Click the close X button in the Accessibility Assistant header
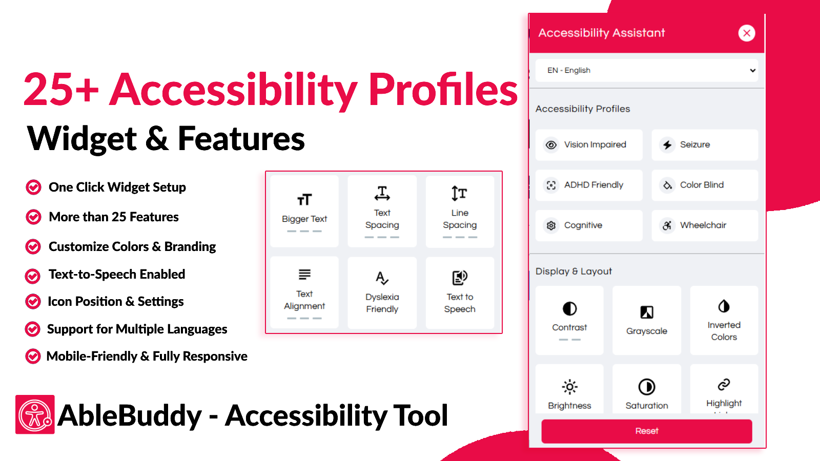[746, 33]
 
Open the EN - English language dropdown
[646, 70]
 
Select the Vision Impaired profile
[589, 145]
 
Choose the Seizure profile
[705, 145]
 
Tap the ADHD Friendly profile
[589, 185]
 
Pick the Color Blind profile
[705, 185]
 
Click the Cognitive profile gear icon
[551, 225]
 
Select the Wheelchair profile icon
[667, 225]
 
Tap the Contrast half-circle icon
[569, 308]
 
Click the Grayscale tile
[646, 321]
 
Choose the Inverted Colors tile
[724, 321]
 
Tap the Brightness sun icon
[569, 387]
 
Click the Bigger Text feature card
[304, 211]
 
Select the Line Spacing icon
[459, 193]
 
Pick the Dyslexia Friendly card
[382, 292]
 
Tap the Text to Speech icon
[459, 278]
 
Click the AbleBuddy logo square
[35, 414]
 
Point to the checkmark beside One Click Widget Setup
[33, 187]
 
